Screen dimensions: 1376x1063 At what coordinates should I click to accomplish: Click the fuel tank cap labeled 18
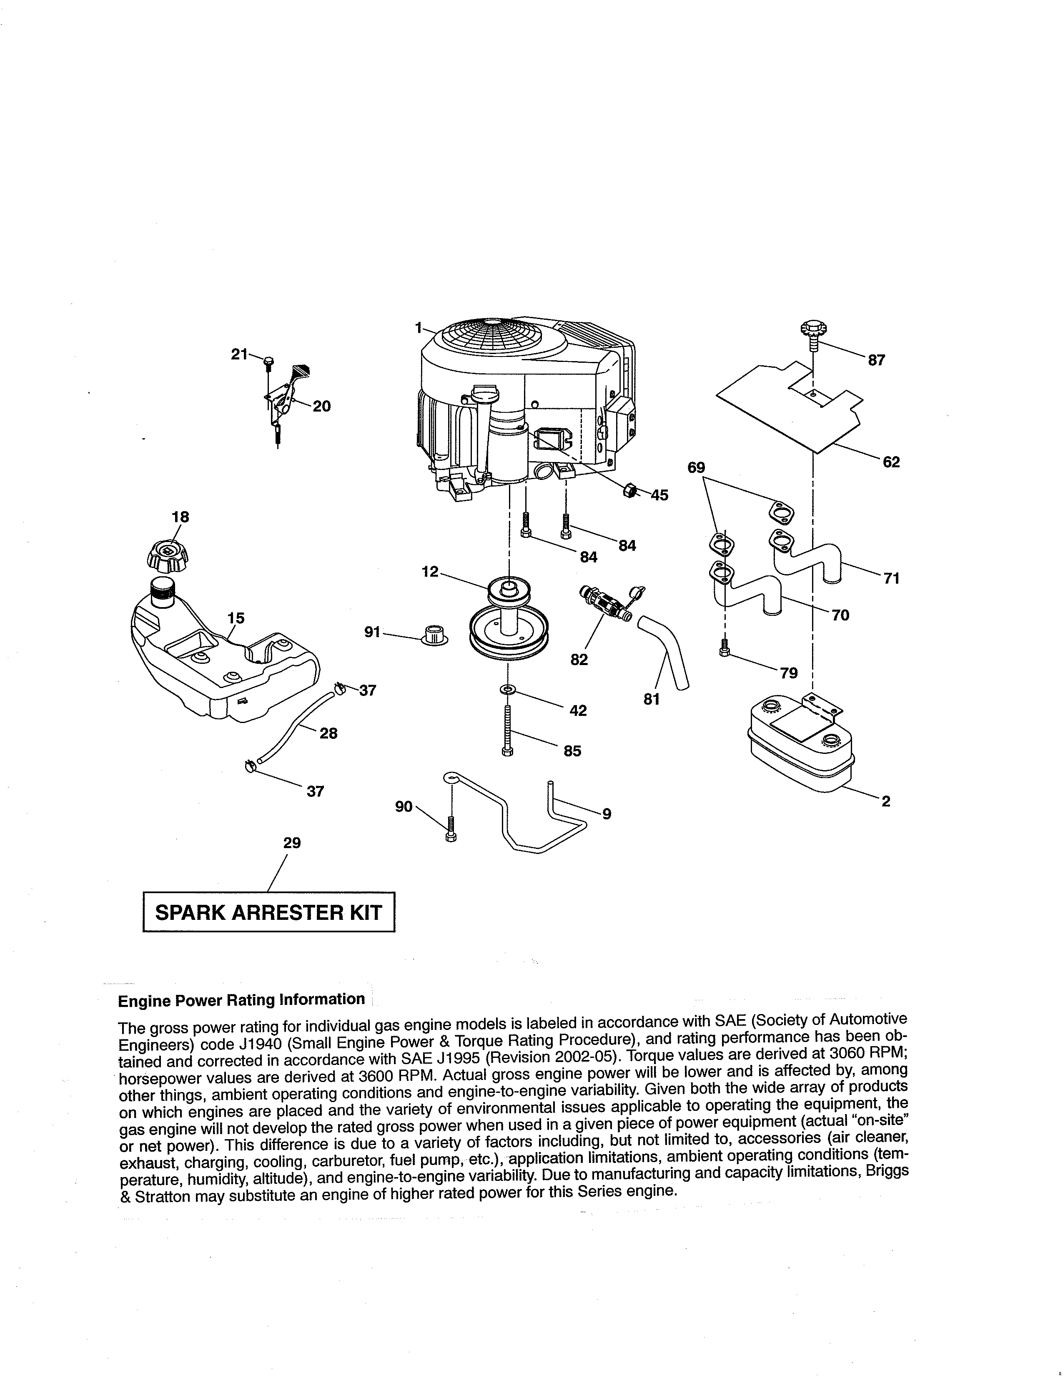pos(166,555)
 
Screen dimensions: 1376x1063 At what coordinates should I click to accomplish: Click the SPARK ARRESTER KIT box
pos(269,911)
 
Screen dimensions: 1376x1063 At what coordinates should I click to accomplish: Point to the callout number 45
pos(659,495)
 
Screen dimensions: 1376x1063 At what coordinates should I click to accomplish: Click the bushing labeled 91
pos(434,635)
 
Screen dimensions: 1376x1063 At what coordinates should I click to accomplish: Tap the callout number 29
pos(291,843)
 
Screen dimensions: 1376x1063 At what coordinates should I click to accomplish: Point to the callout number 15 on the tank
pos(236,618)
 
